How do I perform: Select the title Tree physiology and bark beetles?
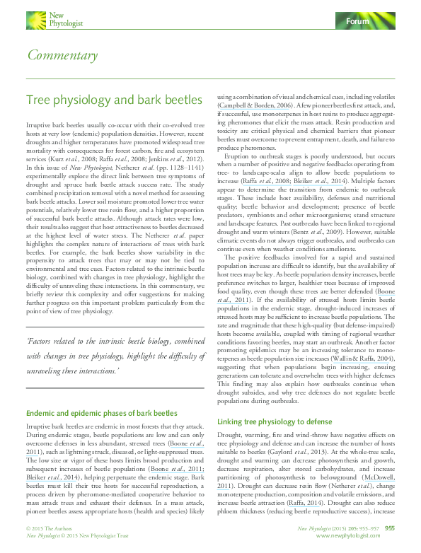tap(105, 101)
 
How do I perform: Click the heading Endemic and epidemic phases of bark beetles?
tap(101, 412)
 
